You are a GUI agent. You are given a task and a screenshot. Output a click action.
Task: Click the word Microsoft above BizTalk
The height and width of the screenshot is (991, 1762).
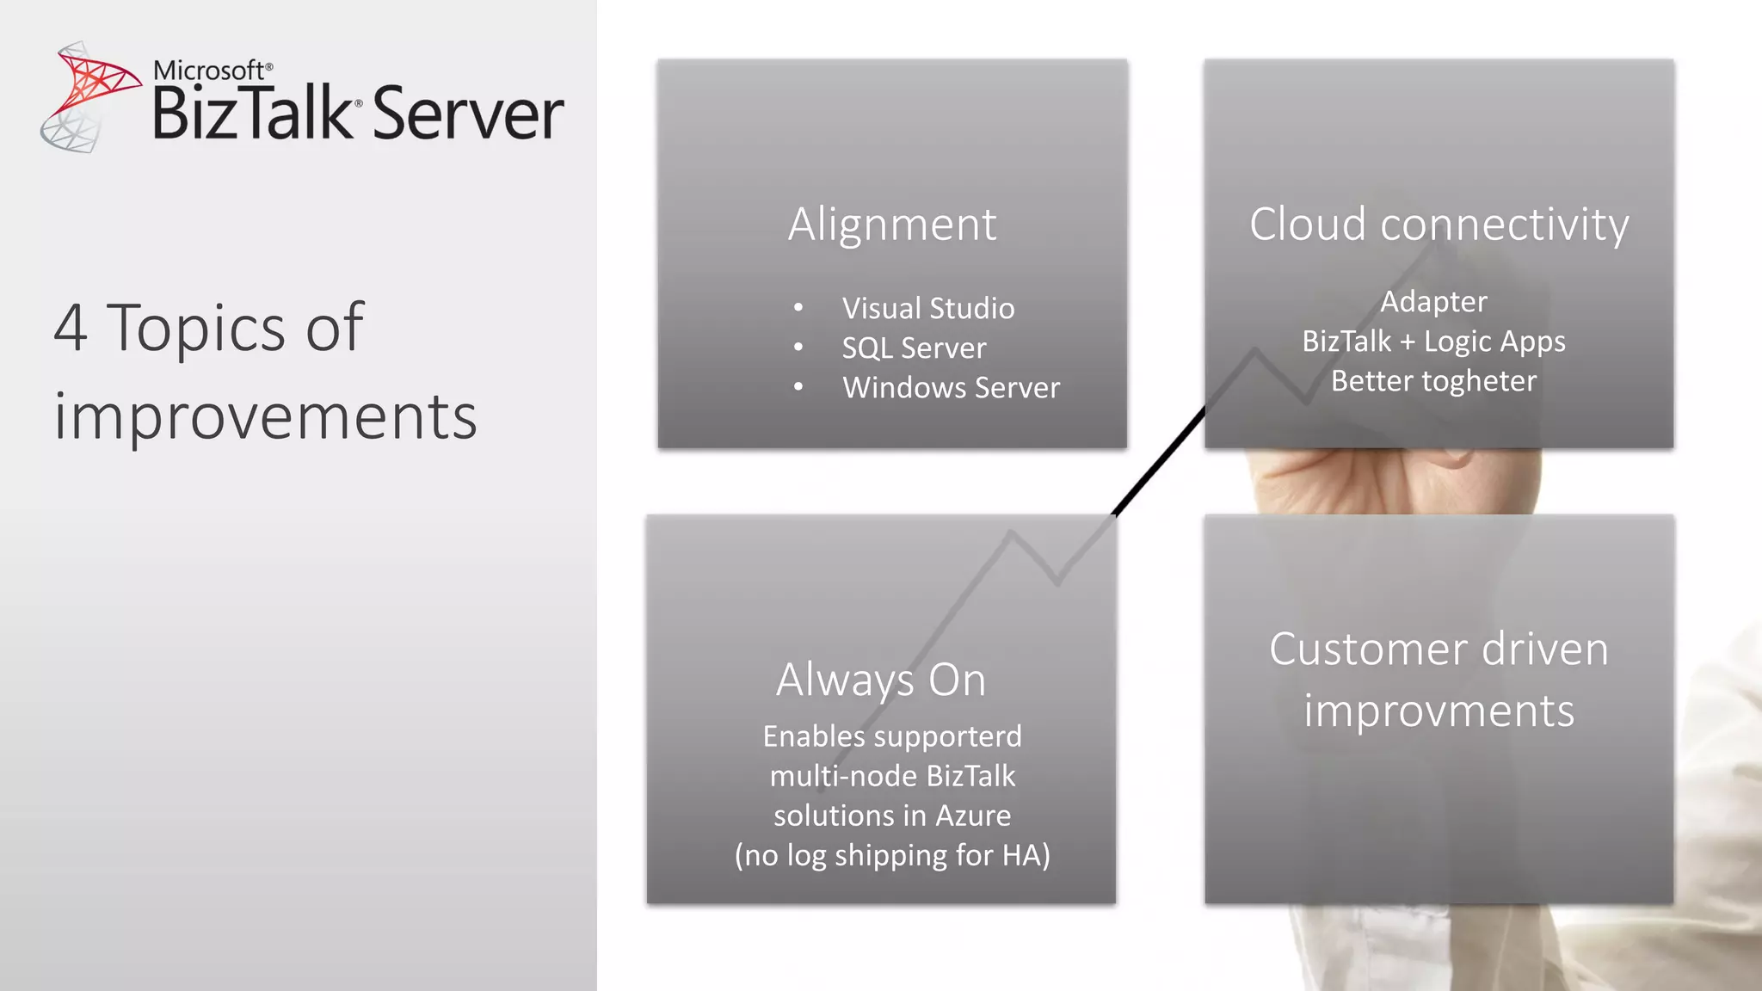pyautogui.click(x=209, y=71)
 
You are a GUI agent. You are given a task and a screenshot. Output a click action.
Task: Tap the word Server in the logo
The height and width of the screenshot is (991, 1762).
pyautogui.click(x=468, y=114)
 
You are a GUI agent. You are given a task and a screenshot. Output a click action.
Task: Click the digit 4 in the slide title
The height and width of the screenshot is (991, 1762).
pyautogui.click(x=71, y=328)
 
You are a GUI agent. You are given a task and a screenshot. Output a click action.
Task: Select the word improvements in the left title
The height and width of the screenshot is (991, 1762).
pyautogui.click(x=265, y=416)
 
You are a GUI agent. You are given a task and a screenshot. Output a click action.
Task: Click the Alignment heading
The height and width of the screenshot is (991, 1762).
pyautogui.click(x=892, y=225)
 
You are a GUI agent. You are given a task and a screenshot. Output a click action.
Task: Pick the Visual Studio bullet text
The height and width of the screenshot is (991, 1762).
pyautogui.click(x=927, y=308)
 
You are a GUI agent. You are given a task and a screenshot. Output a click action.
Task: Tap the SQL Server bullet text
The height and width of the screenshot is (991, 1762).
pyautogui.click(x=914, y=348)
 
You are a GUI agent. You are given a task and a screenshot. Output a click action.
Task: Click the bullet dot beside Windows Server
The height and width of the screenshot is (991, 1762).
pyautogui.click(x=798, y=387)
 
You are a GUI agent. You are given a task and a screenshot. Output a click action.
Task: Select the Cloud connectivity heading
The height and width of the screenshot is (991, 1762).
pyautogui.click(x=1439, y=225)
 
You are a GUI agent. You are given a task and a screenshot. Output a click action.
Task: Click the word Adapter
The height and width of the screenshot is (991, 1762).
pyautogui.click(x=1433, y=301)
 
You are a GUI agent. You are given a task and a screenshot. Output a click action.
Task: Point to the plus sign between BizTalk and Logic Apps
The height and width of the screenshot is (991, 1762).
pyautogui.click(x=1408, y=342)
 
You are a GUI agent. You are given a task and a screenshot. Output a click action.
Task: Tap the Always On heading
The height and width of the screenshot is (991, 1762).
pyautogui.click(x=881, y=680)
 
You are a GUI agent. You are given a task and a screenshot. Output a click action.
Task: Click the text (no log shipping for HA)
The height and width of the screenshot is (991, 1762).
pyautogui.click(x=892, y=855)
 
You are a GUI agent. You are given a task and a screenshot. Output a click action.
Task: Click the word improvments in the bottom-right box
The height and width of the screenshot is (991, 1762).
pyautogui.click(x=1439, y=711)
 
